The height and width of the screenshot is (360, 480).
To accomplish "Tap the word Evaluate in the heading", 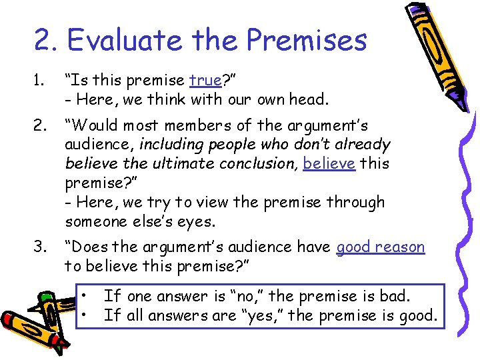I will point(121,40).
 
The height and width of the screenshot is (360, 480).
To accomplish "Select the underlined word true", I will point(205,81).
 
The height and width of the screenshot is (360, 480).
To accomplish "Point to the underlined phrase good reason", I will point(381,247).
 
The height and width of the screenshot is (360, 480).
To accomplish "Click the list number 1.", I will point(39,81).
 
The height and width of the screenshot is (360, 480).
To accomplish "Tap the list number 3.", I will point(40,247).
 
